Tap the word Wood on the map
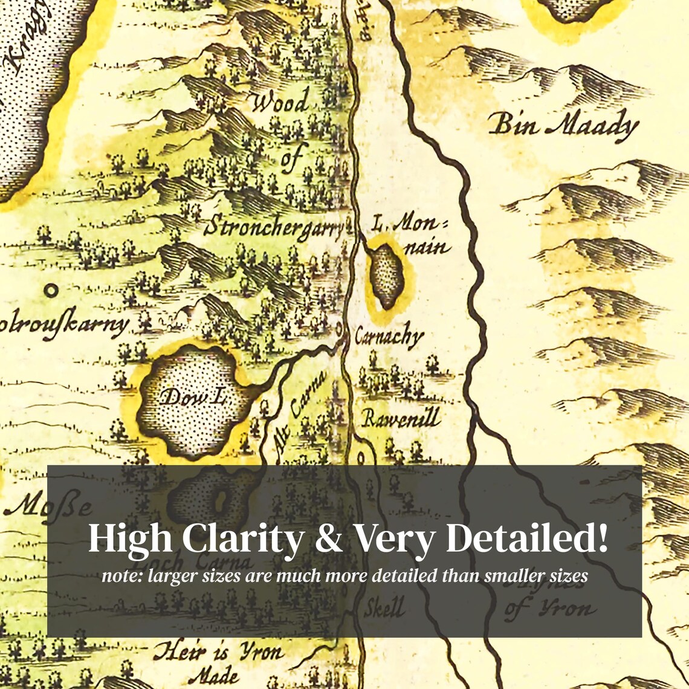click(x=280, y=102)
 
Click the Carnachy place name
click(x=389, y=336)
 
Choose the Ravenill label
click(x=401, y=418)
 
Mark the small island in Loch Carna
click(x=220, y=499)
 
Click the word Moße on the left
click(x=48, y=505)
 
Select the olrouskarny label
click(x=63, y=326)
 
